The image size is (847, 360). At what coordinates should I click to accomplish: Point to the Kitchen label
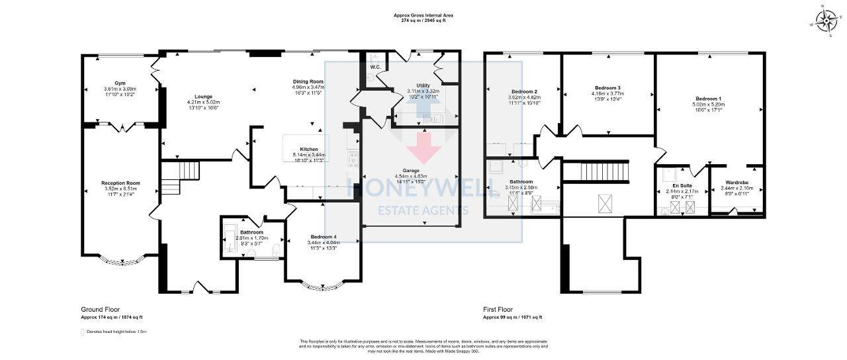(x=309, y=150)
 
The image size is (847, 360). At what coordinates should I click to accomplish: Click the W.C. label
(x=374, y=67)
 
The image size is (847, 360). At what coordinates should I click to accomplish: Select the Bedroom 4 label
(x=322, y=237)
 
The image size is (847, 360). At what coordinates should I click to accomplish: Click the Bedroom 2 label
(x=524, y=91)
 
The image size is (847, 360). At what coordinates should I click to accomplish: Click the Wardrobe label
(x=736, y=182)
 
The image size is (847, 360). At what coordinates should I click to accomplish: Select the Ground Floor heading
(x=101, y=309)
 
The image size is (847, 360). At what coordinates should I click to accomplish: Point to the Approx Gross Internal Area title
(x=423, y=15)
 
